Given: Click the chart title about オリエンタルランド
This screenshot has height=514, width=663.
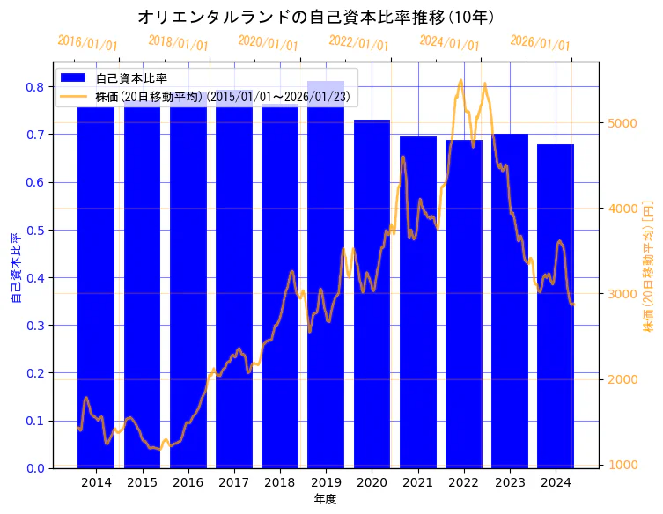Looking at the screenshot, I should [x=316, y=17].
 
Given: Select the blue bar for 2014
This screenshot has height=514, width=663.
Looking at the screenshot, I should [x=96, y=290].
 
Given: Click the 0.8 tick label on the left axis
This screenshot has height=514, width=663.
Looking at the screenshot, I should [x=36, y=87].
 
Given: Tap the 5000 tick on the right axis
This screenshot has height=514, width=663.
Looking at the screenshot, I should [x=622, y=123].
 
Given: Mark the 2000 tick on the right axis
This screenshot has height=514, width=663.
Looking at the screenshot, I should [x=622, y=379].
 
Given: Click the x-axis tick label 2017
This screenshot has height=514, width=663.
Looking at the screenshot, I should [x=234, y=483].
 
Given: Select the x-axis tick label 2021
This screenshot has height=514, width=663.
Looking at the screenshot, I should [x=417, y=483].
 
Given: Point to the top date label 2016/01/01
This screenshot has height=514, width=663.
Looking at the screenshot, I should [x=87, y=43].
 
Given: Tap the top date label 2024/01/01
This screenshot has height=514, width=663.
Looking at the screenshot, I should [x=449, y=43].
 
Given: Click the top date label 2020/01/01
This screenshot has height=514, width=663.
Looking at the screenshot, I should [x=268, y=43].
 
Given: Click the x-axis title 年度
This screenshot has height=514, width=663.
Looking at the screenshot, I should [x=325, y=500].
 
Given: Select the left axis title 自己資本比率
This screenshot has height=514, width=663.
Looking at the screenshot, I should [x=15, y=268].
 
